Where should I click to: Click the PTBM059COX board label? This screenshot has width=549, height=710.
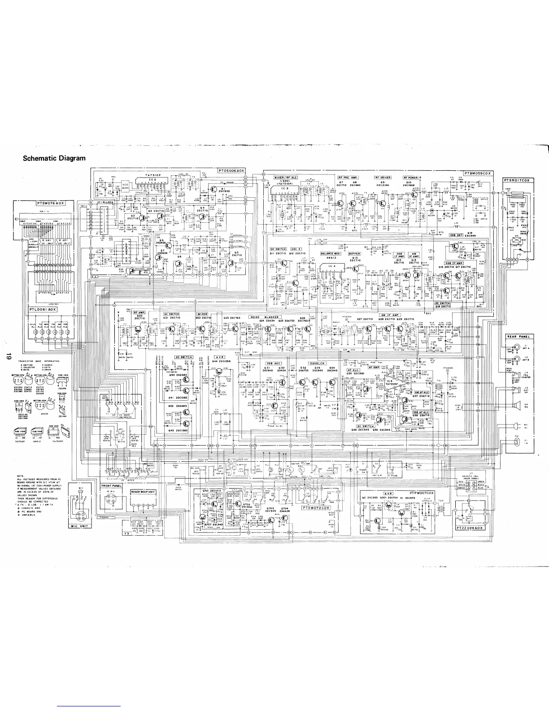[477, 173]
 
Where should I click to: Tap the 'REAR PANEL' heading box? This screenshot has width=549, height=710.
[518, 336]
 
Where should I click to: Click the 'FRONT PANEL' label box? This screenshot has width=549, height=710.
[111, 485]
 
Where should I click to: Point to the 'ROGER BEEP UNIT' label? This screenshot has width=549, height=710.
[143, 492]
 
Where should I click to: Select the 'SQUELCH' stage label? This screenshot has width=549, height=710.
[317, 363]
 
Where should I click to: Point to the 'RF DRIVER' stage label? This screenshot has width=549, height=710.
[383, 178]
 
